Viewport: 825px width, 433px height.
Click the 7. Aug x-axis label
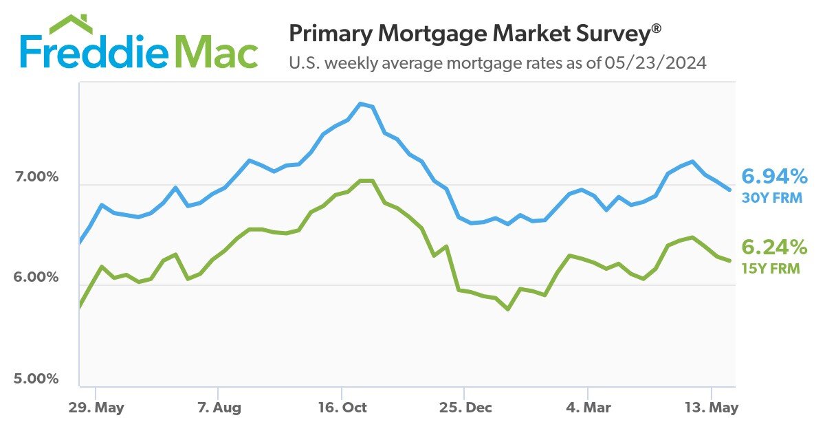click(x=219, y=407)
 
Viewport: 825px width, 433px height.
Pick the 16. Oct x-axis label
click(x=342, y=407)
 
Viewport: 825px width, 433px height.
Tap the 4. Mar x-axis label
click(x=588, y=407)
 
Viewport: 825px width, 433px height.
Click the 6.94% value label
click(x=774, y=177)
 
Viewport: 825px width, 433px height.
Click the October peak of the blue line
click(x=361, y=104)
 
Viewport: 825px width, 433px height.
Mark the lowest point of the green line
click(x=508, y=309)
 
